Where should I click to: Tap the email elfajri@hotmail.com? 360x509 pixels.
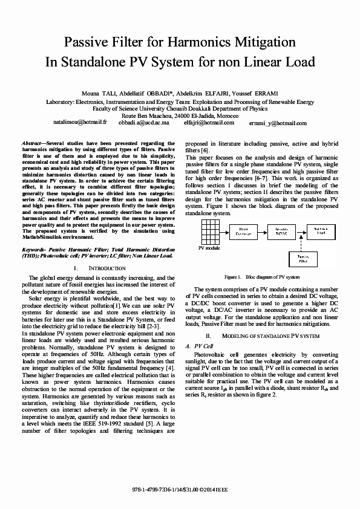(209, 122)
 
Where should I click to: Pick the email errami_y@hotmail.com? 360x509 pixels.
(273, 123)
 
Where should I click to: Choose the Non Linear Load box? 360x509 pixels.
(319, 231)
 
